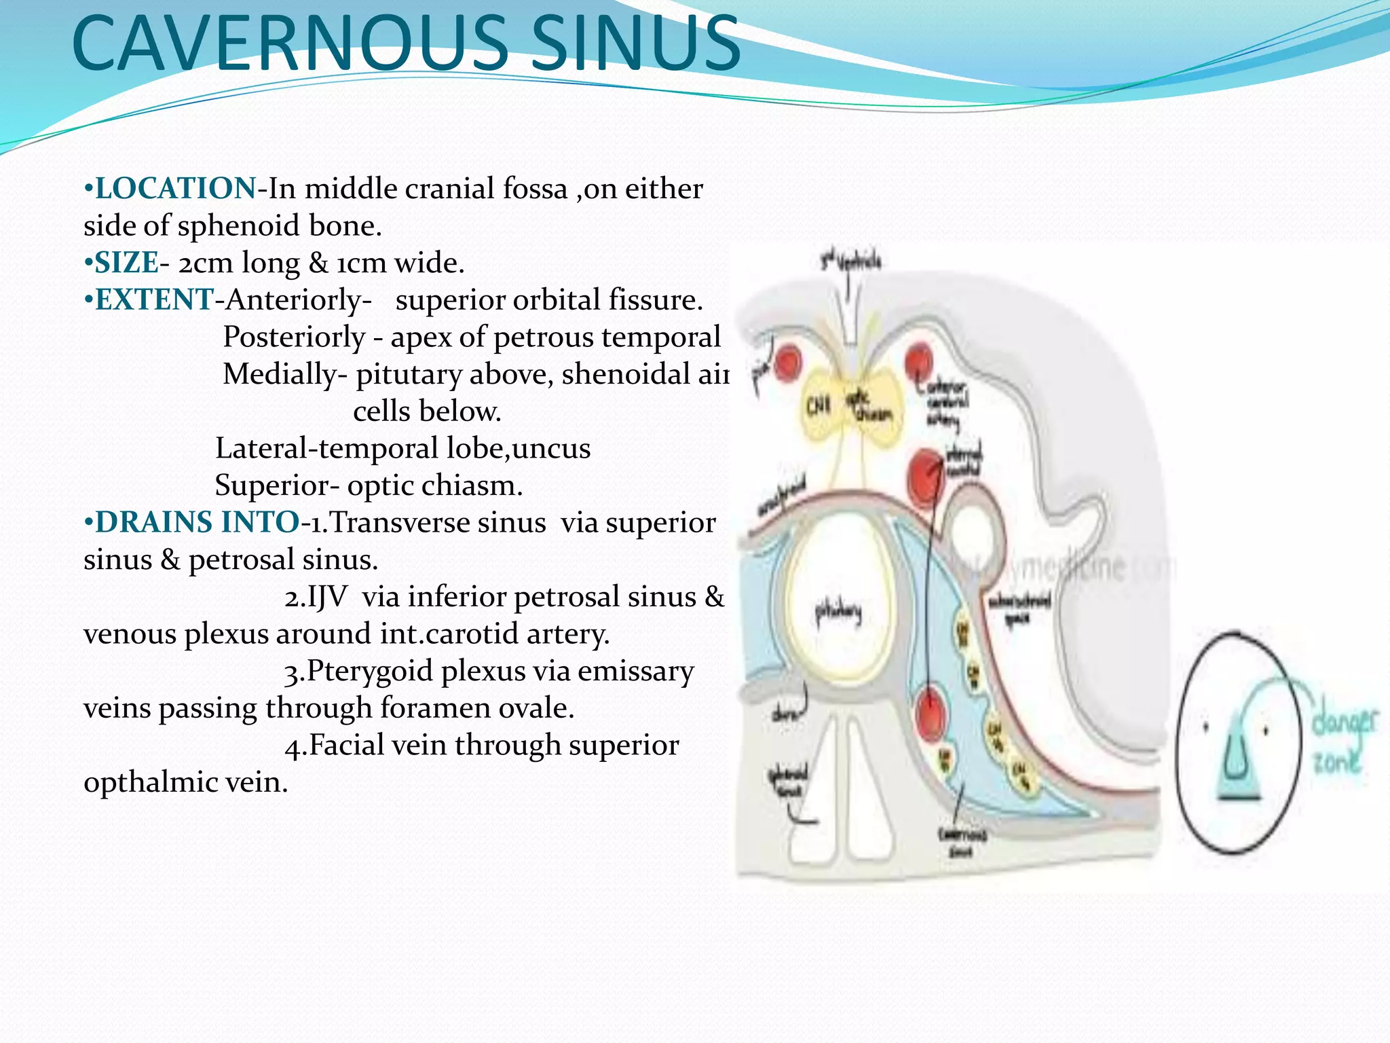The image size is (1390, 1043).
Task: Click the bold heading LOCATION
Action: (175, 189)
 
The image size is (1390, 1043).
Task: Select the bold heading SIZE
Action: (126, 263)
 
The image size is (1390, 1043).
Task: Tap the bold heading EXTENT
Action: (154, 300)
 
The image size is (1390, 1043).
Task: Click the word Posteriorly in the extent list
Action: (294, 337)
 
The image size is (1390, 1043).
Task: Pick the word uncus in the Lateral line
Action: (553, 449)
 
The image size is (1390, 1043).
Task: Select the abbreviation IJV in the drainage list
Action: (327, 598)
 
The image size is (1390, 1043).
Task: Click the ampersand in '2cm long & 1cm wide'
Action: (318, 263)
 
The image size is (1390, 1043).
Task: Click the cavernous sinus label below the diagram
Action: (962, 843)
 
